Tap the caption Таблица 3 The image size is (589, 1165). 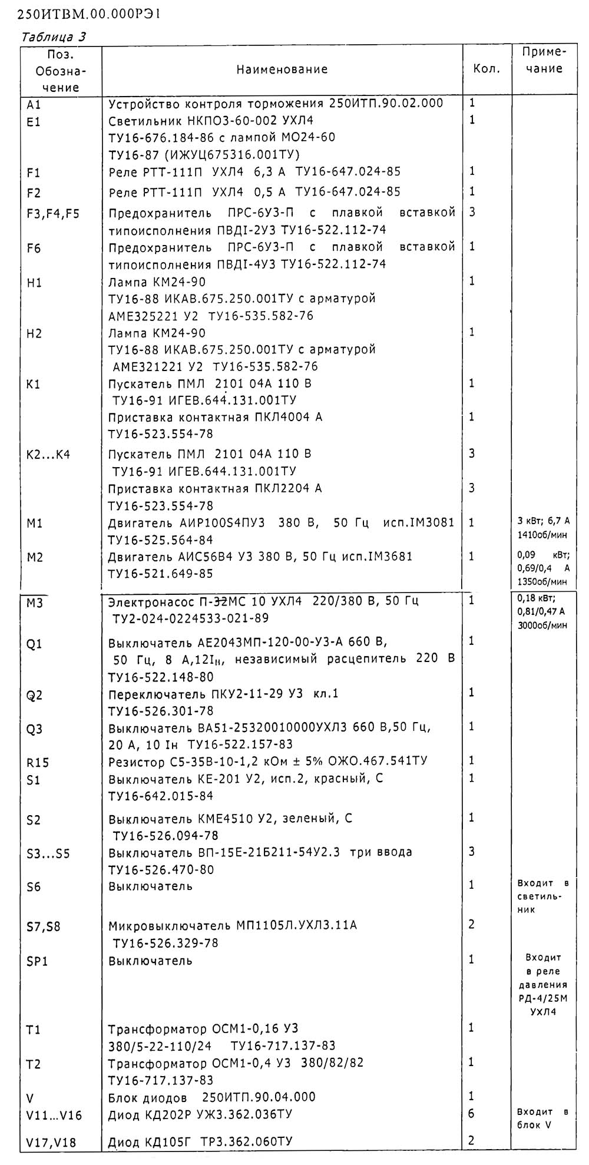click(x=53, y=37)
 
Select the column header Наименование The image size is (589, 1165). click(x=282, y=69)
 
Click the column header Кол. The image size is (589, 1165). click(x=487, y=69)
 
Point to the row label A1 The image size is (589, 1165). click(x=34, y=105)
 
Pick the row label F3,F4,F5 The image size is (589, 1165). click(x=53, y=213)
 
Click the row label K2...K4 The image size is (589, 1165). click(x=49, y=455)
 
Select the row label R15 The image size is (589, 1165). click(x=38, y=763)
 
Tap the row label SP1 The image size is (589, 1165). click(x=37, y=961)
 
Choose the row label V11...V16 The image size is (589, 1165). click(x=55, y=1115)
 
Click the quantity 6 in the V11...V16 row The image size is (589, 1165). click(x=471, y=1113)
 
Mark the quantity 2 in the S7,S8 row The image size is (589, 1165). click(x=471, y=924)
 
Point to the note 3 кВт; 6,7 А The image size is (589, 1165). click(x=543, y=521)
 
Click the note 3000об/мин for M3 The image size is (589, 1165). click(x=542, y=625)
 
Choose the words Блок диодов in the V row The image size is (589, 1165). click(x=147, y=1097)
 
